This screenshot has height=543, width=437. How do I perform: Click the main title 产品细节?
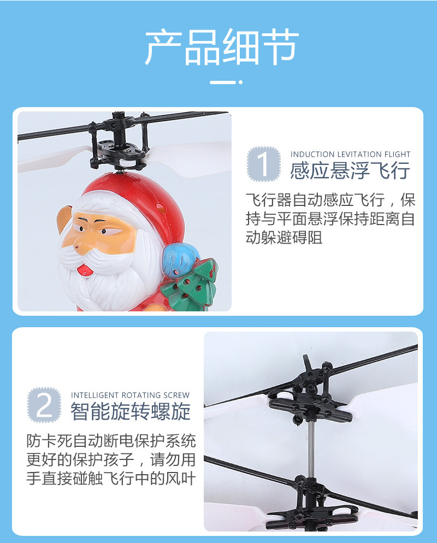point(221,48)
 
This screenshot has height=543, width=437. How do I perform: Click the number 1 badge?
point(264,164)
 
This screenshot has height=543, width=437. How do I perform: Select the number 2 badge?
point(44,405)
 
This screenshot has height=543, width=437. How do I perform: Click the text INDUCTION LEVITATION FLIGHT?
point(350,155)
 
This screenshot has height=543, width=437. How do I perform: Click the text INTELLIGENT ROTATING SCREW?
point(130,395)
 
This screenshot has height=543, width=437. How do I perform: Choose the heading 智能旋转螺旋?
point(130,411)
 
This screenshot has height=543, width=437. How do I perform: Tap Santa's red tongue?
point(83,269)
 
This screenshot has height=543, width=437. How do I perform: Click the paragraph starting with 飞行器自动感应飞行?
point(330,218)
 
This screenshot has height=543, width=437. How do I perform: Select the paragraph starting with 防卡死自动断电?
point(111,459)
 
